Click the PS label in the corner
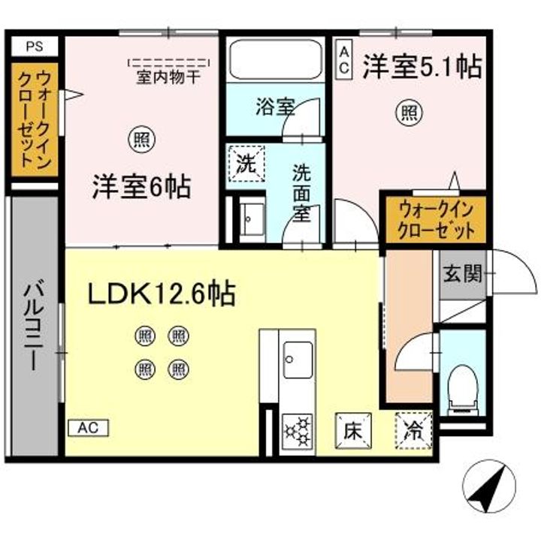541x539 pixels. pyautogui.click(x=35, y=46)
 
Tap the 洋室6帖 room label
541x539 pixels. pyautogui.click(x=141, y=186)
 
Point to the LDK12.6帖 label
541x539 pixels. pyautogui.click(x=162, y=294)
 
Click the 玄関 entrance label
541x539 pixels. pyautogui.click(x=461, y=273)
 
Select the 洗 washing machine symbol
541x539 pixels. pyautogui.click(x=246, y=163)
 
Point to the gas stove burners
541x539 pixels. pyautogui.click(x=297, y=433)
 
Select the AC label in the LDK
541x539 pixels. pyautogui.click(x=89, y=428)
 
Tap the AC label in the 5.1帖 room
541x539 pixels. pyautogui.click(x=343, y=59)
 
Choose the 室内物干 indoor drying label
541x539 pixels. pyautogui.click(x=168, y=76)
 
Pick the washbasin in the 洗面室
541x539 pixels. pyautogui.click(x=251, y=218)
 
